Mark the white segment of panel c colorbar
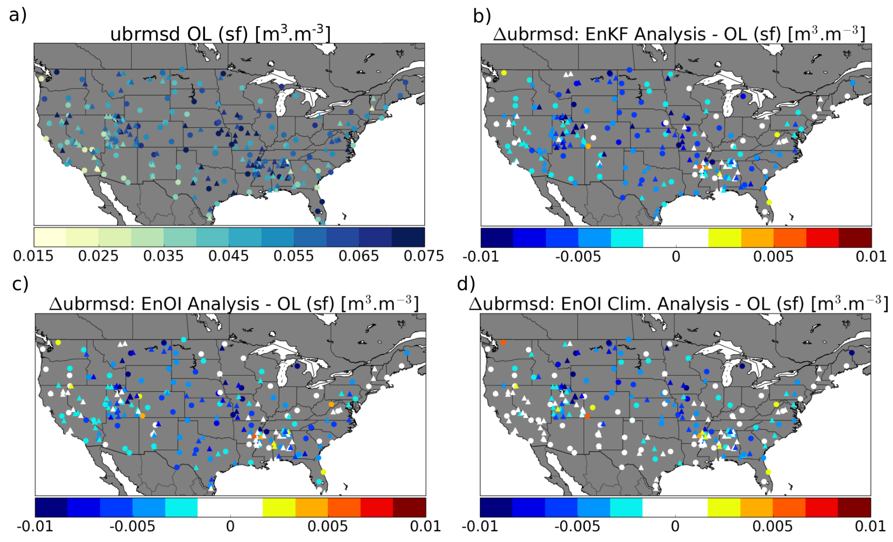[x=230, y=507]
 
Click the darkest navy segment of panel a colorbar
[x=408, y=237]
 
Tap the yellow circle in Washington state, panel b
[x=504, y=73]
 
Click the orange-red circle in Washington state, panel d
[x=503, y=342]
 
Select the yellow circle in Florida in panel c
[x=324, y=472]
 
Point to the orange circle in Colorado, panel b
[x=588, y=146]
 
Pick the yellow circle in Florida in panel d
[x=768, y=472]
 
